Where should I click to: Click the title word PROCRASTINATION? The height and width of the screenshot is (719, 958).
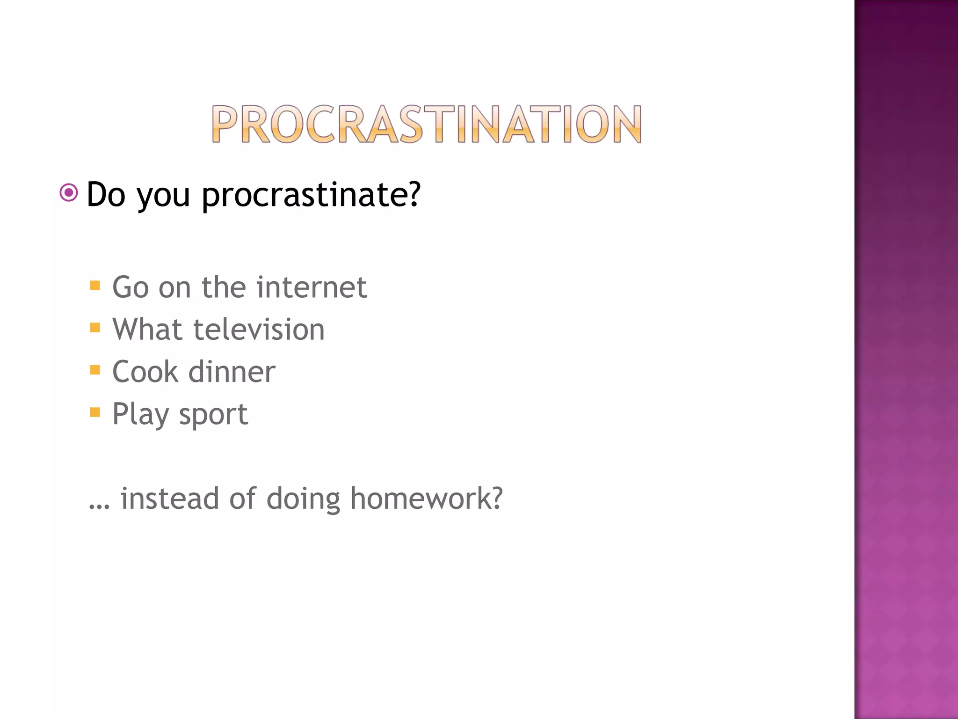pyautogui.click(x=426, y=124)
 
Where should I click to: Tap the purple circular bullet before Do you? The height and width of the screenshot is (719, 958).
pyautogui.click(x=69, y=192)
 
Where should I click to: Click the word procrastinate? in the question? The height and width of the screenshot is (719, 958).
pyautogui.click(x=311, y=195)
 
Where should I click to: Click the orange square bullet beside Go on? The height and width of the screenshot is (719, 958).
pyautogui.click(x=95, y=286)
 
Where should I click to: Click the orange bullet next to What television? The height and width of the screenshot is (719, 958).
pyautogui.click(x=95, y=328)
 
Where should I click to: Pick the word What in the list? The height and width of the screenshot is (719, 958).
pyautogui.click(x=147, y=329)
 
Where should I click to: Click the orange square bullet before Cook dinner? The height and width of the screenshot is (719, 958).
pyautogui.click(x=95, y=370)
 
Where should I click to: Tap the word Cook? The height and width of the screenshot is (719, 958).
pyautogui.click(x=145, y=372)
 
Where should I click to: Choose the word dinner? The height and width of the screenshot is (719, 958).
pyautogui.click(x=232, y=372)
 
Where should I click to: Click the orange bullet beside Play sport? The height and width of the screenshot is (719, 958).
pyautogui.click(x=95, y=412)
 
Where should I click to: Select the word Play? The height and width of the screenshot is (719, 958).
pyautogui.click(x=140, y=415)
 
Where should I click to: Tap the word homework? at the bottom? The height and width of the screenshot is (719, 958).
pyautogui.click(x=426, y=498)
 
